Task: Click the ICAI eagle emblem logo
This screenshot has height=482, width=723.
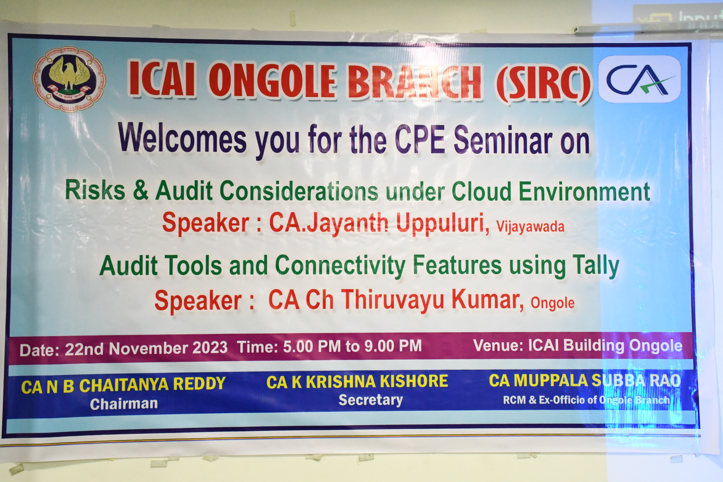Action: click(x=69, y=79)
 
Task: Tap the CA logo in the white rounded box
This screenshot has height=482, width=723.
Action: click(x=640, y=79)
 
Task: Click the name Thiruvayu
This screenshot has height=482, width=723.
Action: click(x=393, y=300)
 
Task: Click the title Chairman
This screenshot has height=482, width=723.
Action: click(x=124, y=404)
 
